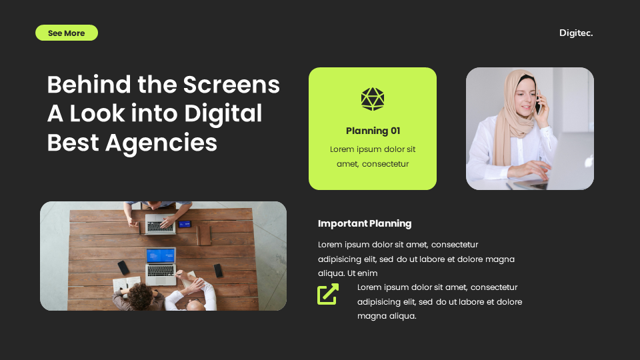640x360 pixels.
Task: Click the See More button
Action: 66,33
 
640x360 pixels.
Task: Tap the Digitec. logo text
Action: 576,33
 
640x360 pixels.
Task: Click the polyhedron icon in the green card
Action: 373,99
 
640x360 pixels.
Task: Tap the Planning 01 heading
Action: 373,131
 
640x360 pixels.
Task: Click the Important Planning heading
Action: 365,223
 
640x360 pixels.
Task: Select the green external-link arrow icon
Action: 328,294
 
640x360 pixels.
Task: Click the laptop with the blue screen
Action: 161,256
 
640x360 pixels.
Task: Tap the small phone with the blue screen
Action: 185,224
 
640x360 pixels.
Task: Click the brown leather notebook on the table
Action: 203,233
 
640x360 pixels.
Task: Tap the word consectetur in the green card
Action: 385,164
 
